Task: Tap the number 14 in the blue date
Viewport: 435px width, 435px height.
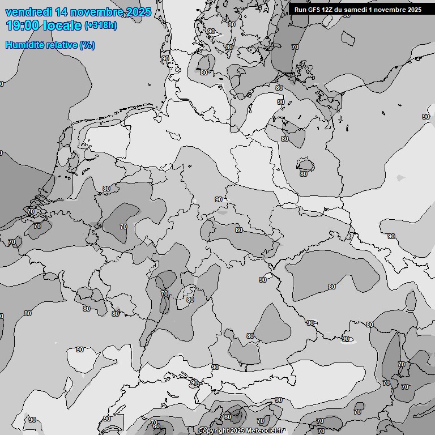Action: [63, 12]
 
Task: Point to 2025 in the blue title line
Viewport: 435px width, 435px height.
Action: [139, 12]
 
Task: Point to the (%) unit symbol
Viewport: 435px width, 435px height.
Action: [87, 45]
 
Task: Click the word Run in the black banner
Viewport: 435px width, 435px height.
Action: [300, 10]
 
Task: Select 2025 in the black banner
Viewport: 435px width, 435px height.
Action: [414, 10]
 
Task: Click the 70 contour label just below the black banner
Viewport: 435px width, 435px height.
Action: [295, 47]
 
